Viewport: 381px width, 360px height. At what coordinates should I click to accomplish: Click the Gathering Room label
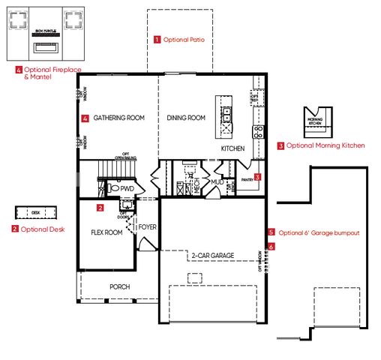click(118, 118)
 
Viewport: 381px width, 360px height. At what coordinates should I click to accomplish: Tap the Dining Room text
click(186, 118)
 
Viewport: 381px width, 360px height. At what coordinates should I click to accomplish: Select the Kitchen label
click(232, 149)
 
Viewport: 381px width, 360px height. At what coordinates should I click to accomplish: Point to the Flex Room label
click(106, 232)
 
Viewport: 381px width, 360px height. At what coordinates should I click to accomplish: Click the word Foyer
click(148, 226)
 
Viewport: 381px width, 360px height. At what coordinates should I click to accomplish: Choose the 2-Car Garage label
click(212, 256)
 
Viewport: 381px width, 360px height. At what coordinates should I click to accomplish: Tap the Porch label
click(120, 286)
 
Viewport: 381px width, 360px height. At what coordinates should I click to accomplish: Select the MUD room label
click(217, 181)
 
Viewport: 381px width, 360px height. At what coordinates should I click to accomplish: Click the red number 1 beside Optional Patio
click(157, 38)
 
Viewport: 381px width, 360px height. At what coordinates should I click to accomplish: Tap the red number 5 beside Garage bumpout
click(271, 232)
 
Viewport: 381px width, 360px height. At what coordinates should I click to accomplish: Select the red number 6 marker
click(271, 245)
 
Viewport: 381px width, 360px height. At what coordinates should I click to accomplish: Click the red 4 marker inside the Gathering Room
click(85, 118)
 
